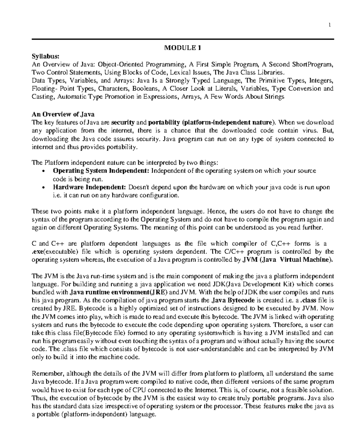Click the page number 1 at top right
coord(330,26)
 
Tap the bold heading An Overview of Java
coord(63,114)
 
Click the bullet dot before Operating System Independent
coord(44,172)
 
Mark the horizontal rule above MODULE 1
coord(183,39)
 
